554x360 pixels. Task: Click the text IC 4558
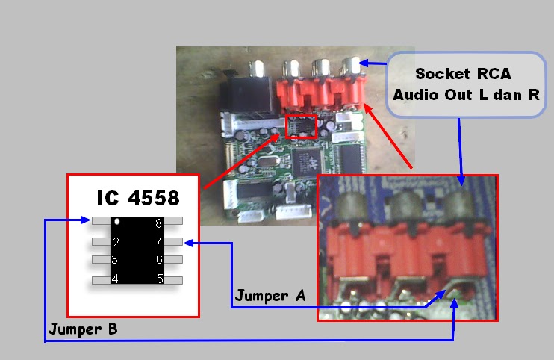coord(137,198)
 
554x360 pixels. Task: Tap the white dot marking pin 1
coord(116,221)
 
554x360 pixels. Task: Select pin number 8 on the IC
coord(158,223)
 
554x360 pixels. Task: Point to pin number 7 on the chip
coord(158,242)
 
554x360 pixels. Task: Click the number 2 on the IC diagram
coord(116,242)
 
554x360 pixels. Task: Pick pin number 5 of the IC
coord(159,279)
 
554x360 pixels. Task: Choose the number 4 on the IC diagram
coord(114,279)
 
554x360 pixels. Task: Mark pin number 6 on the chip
coord(159,260)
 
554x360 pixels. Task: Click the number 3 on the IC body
coord(114,260)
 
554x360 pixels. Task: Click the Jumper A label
coord(270,296)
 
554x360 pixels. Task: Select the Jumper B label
coord(83,329)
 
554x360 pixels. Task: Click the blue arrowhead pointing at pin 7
coord(188,242)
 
